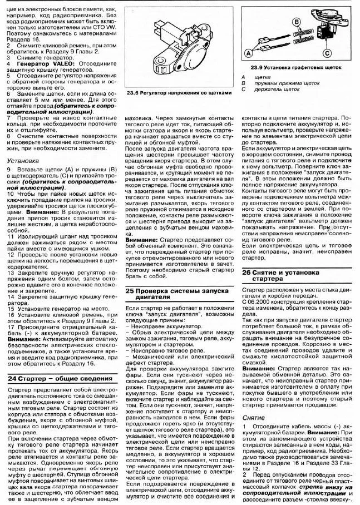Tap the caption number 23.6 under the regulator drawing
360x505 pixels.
pos(132,93)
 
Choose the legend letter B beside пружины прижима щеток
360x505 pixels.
pos(243,83)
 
